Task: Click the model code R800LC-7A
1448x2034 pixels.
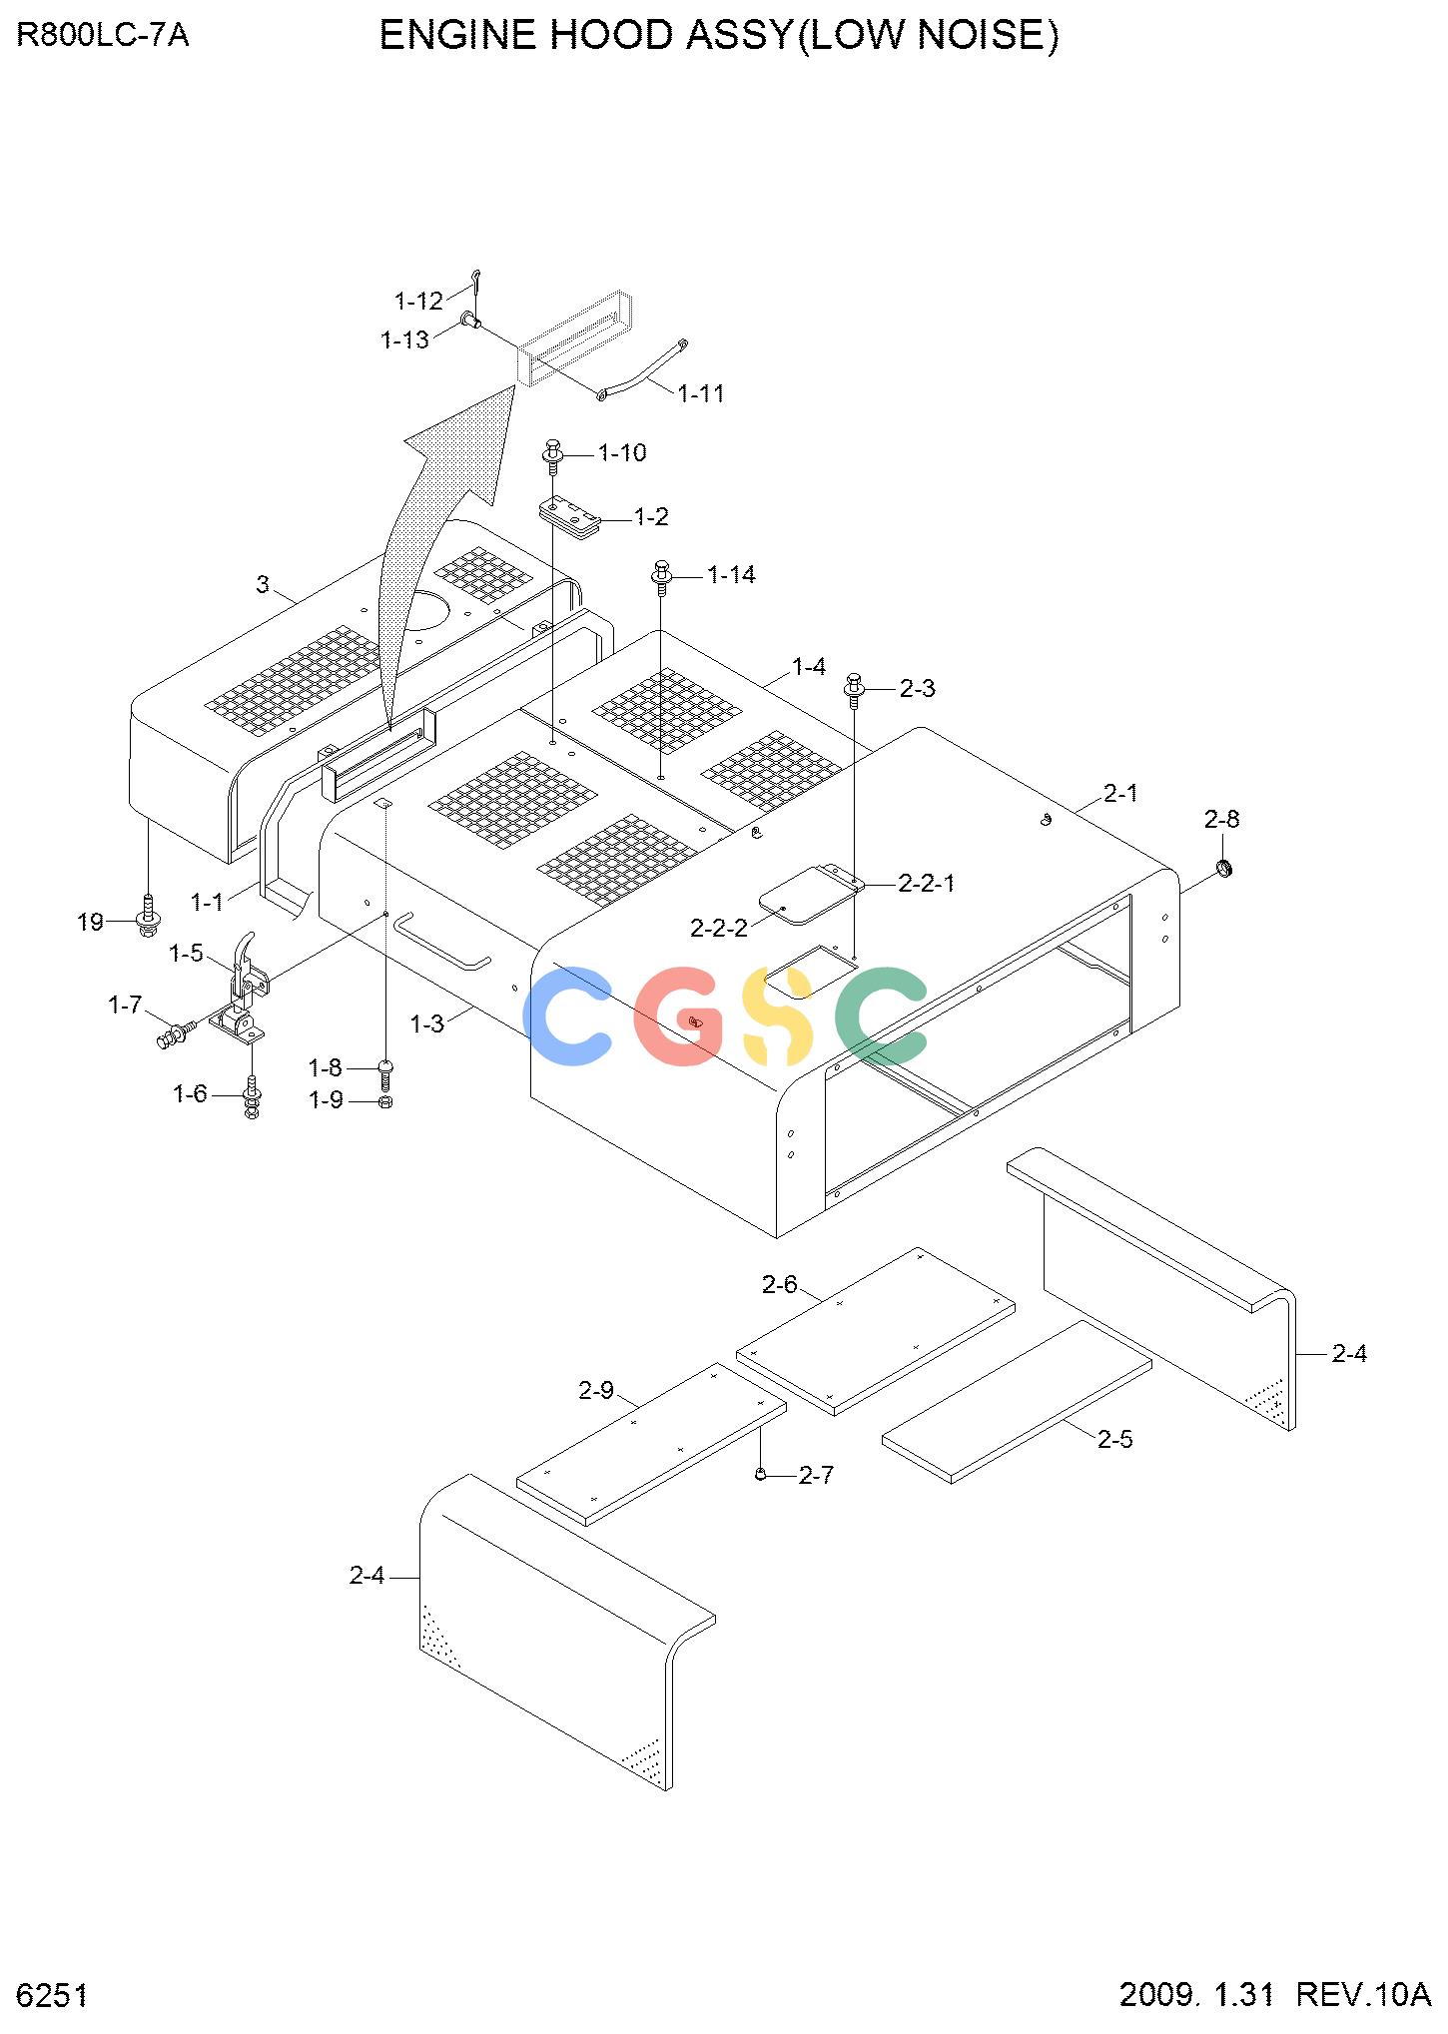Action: click(x=103, y=36)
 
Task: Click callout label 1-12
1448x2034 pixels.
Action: click(x=418, y=301)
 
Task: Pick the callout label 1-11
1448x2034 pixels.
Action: click(x=701, y=393)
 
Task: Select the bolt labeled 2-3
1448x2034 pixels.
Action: click(x=855, y=689)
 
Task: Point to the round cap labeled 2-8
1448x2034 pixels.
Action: click(x=1225, y=867)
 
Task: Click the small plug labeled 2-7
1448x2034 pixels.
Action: click(x=761, y=1474)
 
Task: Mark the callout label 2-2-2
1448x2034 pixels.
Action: click(x=719, y=928)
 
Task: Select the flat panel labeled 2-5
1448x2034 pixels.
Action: click(x=1017, y=1402)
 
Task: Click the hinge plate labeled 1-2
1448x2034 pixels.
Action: click(x=571, y=519)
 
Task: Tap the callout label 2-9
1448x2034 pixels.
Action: click(x=596, y=1390)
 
